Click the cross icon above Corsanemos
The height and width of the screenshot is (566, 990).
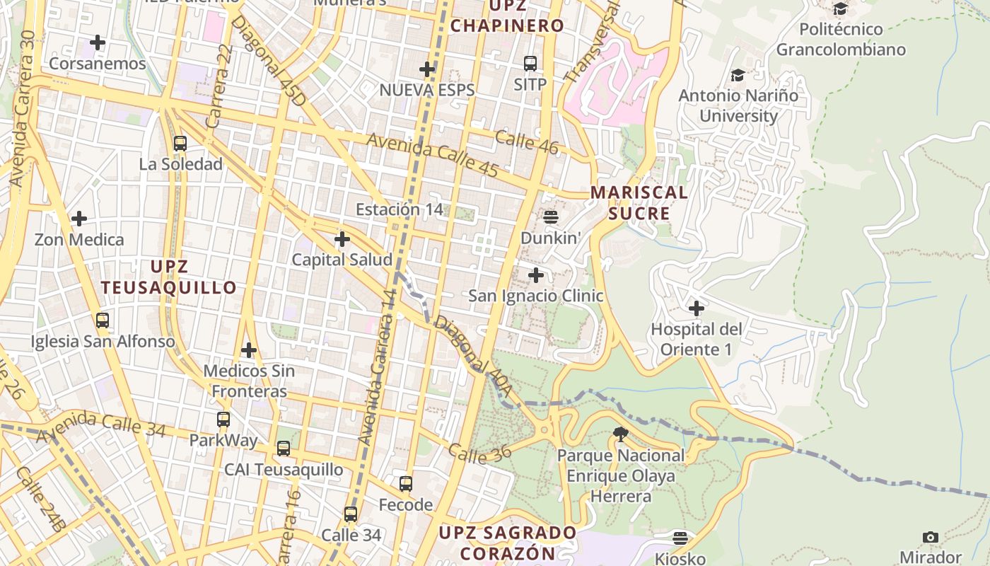click(98, 42)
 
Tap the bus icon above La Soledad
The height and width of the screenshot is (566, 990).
click(180, 144)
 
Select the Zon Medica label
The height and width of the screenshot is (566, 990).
click(79, 240)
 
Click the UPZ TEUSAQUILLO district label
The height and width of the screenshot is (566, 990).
click(168, 277)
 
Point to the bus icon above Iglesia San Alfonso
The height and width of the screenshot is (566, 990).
click(103, 320)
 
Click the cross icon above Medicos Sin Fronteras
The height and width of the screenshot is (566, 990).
click(249, 350)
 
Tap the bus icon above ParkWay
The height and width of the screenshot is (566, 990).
click(223, 420)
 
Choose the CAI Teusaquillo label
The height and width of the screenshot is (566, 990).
click(284, 470)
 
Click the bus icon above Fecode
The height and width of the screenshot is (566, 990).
click(406, 484)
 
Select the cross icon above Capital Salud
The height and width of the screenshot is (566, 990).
click(342, 239)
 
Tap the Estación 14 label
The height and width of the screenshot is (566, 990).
click(400, 209)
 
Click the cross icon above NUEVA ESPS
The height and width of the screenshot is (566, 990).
click(427, 69)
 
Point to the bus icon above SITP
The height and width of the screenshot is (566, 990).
click(530, 64)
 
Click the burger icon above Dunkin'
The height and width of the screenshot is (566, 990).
click(551, 217)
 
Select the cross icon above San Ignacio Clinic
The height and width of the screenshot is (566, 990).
click(536, 275)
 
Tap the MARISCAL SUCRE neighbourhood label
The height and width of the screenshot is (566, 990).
click(639, 202)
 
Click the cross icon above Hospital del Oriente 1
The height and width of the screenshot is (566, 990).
click(697, 308)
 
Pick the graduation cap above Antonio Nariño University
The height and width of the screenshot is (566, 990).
click(738, 74)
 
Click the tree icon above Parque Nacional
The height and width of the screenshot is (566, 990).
click(621, 434)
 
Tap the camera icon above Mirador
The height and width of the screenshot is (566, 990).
click(931, 537)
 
